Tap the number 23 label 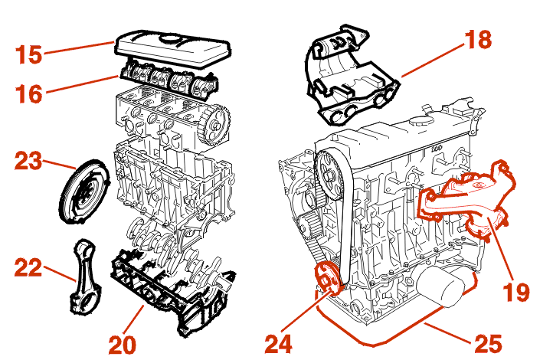28,162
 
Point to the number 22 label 28,267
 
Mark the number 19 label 515,292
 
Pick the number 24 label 280,343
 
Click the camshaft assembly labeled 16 165,77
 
